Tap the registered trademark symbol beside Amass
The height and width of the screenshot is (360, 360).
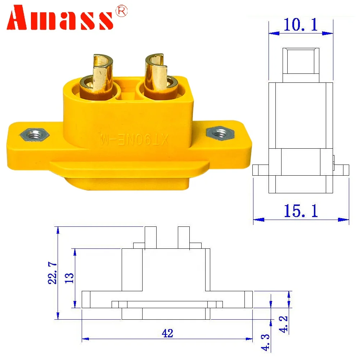(x=121, y=12)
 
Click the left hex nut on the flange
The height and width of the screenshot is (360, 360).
(x=34, y=135)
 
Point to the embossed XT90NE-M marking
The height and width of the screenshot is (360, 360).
(x=131, y=139)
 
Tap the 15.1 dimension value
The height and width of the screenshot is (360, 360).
(x=301, y=211)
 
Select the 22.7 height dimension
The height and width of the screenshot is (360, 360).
(x=53, y=273)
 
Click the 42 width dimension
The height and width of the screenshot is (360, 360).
(x=167, y=333)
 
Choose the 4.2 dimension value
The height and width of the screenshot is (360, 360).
(x=284, y=324)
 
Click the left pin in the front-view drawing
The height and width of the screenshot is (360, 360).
(x=150, y=237)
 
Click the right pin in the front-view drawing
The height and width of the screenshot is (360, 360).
(x=184, y=237)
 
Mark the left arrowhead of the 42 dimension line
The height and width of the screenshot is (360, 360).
(x=85, y=339)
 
